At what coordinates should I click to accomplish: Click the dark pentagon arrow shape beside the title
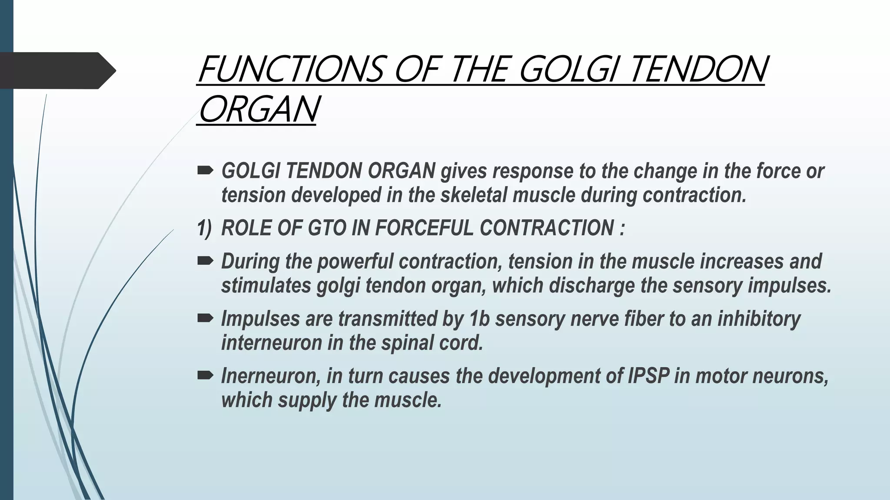(x=56, y=71)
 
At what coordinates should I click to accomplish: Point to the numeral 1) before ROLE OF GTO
(x=204, y=228)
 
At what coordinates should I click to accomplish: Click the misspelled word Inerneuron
(x=270, y=376)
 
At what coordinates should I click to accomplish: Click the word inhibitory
(x=758, y=319)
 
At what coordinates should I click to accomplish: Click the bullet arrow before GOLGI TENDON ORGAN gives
(x=205, y=171)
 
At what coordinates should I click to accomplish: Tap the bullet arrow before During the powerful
(x=205, y=261)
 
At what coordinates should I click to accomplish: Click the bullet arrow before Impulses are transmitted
(x=205, y=319)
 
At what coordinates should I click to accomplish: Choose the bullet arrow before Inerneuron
(x=205, y=375)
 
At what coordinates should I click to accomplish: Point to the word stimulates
(x=266, y=286)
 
